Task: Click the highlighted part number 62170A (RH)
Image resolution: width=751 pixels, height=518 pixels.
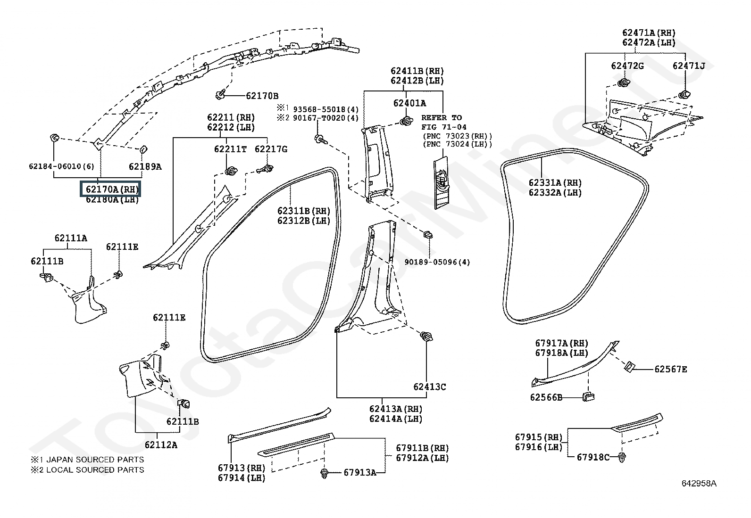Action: tap(112, 189)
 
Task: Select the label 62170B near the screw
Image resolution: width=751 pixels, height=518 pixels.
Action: tap(262, 96)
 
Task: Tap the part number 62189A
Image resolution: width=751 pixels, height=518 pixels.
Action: tap(145, 166)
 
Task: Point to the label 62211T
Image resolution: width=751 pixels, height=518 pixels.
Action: tap(230, 149)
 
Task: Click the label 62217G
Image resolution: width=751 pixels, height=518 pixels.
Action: tap(271, 149)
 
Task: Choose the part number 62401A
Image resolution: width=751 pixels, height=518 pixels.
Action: tap(409, 103)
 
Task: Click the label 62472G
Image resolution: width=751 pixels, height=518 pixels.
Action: tap(627, 66)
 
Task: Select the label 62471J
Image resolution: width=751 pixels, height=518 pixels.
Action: tap(689, 66)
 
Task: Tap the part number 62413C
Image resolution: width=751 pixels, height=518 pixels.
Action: tap(429, 386)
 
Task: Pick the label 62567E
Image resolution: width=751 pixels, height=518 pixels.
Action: tap(670, 369)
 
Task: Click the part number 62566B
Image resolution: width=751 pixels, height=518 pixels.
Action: tap(546, 397)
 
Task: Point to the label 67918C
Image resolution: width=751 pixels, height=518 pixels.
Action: tap(593, 457)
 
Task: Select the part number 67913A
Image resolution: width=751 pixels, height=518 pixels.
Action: tap(360, 472)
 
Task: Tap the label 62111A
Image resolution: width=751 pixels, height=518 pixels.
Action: tap(71, 238)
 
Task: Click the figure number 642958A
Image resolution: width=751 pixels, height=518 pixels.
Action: tap(699, 483)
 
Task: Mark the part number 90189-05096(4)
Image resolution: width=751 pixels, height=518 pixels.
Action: tap(437, 262)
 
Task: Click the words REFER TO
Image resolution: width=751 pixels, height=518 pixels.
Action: tap(442, 118)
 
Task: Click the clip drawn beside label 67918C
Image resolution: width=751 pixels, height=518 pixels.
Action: tap(622, 457)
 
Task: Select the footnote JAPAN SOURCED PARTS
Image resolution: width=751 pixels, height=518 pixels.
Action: tap(95, 460)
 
